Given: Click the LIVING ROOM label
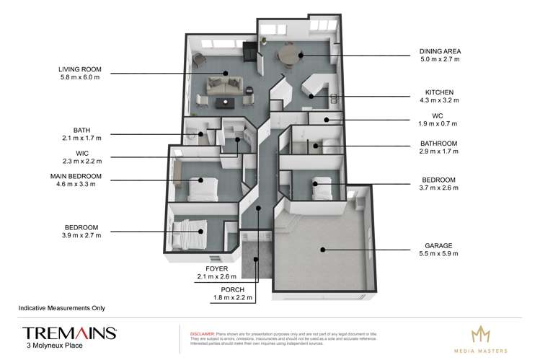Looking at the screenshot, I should click(x=81, y=69).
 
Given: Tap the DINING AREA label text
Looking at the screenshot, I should click(x=440, y=51).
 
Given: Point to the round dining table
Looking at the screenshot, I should click(x=291, y=54).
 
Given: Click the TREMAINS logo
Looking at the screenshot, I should click(x=70, y=333).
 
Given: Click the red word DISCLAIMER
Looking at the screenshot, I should click(x=201, y=334).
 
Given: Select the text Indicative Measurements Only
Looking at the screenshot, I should click(x=61, y=307).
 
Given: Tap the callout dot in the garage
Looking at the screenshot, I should click(x=324, y=250).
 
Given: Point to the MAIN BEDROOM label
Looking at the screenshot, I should click(x=75, y=175).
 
